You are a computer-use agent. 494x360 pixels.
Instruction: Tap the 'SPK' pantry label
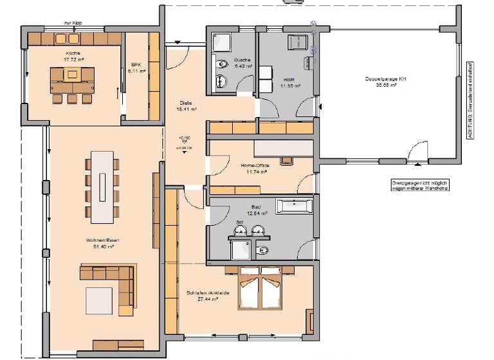(135, 64)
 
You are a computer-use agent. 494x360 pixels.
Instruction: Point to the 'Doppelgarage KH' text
(386, 78)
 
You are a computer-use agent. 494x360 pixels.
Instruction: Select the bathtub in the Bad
(295, 207)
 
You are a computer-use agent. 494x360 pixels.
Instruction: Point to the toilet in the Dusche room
(221, 64)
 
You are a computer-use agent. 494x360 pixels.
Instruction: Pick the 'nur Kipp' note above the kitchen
(73, 22)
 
